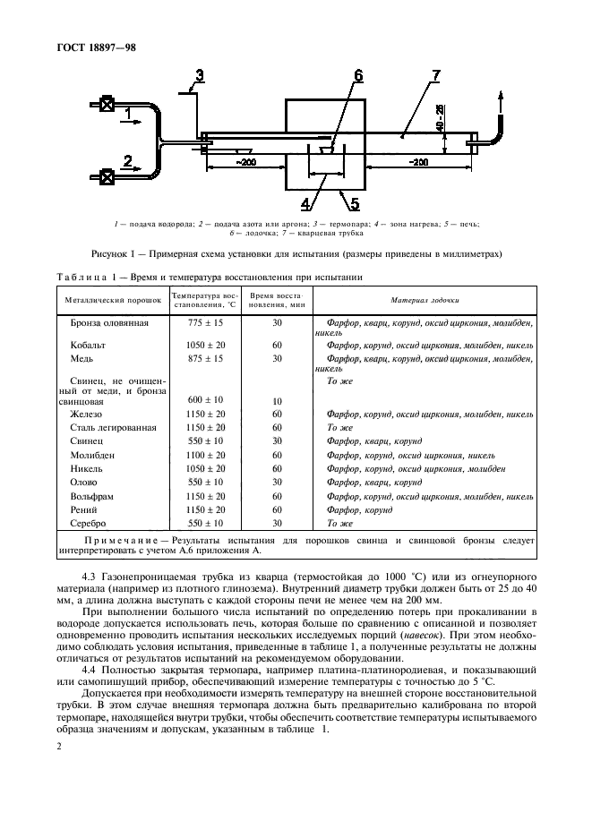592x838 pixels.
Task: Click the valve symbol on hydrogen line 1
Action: (x=107, y=105)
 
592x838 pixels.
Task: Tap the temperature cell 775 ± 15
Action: (x=206, y=322)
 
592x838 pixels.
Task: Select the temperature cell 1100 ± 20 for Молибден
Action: (x=206, y=454)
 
